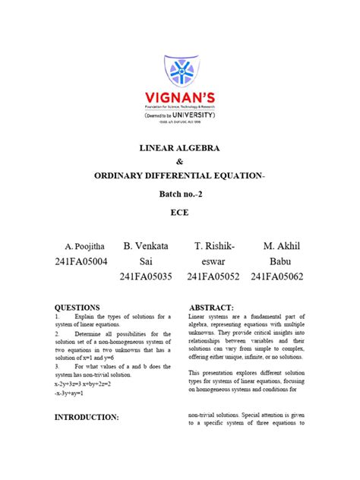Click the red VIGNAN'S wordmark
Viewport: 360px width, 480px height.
(x=180, y=98)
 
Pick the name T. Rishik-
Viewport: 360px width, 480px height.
(x=215, y=247)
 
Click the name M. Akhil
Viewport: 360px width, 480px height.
(x=283, y=247)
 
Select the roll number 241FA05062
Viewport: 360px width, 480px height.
(x=277, y=279)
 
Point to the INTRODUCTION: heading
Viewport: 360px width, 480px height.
(x=87, y=418)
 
